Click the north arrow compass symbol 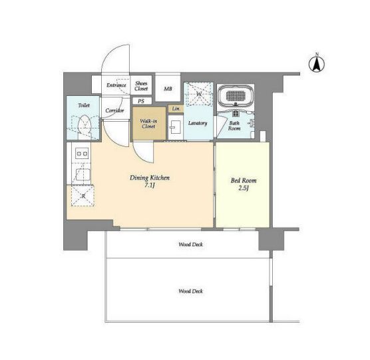(x=317, y=63)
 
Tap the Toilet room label (x=84, y=105)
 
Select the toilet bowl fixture (x=85, y=126)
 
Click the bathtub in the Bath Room (x=236, y=96)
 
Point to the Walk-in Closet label (x=148, y=124)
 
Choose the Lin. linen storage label (x=176, y=108)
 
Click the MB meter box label (x=168, y=89)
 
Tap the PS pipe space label (x=141, y=101)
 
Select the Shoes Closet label (x=141, y=86)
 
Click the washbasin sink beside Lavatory (x=175, y=127)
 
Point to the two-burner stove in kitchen (x=82, y=154)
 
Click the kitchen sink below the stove (x=83, y=174)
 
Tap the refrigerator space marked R (x=83, y=196)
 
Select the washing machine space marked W (x=198, y=94)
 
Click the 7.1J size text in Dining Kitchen (x=150, y=185)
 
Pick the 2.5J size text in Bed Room (x=244, y=188)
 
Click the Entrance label (x=116, y=85)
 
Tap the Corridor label (x=114, y=110)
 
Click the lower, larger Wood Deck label (x=191, y=291)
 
